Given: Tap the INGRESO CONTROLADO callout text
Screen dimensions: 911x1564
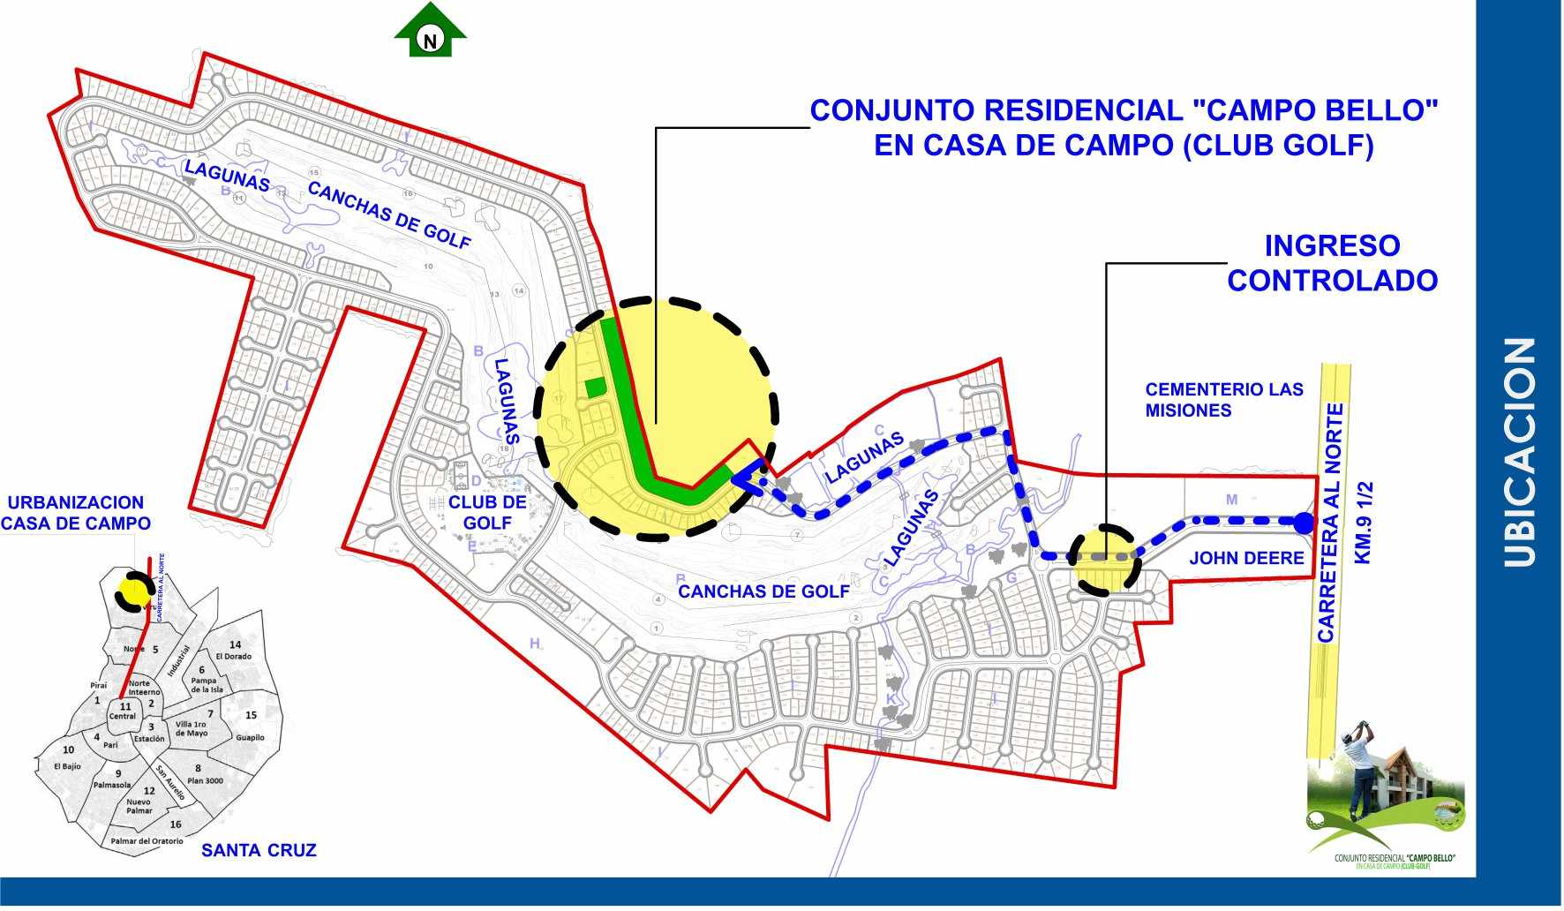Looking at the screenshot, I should point(1332,263).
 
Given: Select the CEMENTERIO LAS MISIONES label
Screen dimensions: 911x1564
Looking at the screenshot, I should point(1223,400).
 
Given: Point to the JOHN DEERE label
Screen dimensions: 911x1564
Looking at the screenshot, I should point(1246,558).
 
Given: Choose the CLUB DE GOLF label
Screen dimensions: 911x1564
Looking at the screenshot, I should point(487,513).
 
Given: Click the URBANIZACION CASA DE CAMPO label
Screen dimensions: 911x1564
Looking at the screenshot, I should point(76,513).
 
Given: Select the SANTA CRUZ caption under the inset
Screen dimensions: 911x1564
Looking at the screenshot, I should point(259,851).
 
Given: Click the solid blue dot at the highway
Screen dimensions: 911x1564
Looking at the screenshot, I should point(1304,523).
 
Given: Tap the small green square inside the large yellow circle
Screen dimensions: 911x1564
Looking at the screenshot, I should point(597,386).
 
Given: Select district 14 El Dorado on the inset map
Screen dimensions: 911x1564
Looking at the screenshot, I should point(235,651).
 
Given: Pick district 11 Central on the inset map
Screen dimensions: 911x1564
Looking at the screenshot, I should point(124,711).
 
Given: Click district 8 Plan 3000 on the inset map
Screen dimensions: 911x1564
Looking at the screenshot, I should point(204,775).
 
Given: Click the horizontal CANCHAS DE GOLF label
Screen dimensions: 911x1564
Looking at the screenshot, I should point(763,591).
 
